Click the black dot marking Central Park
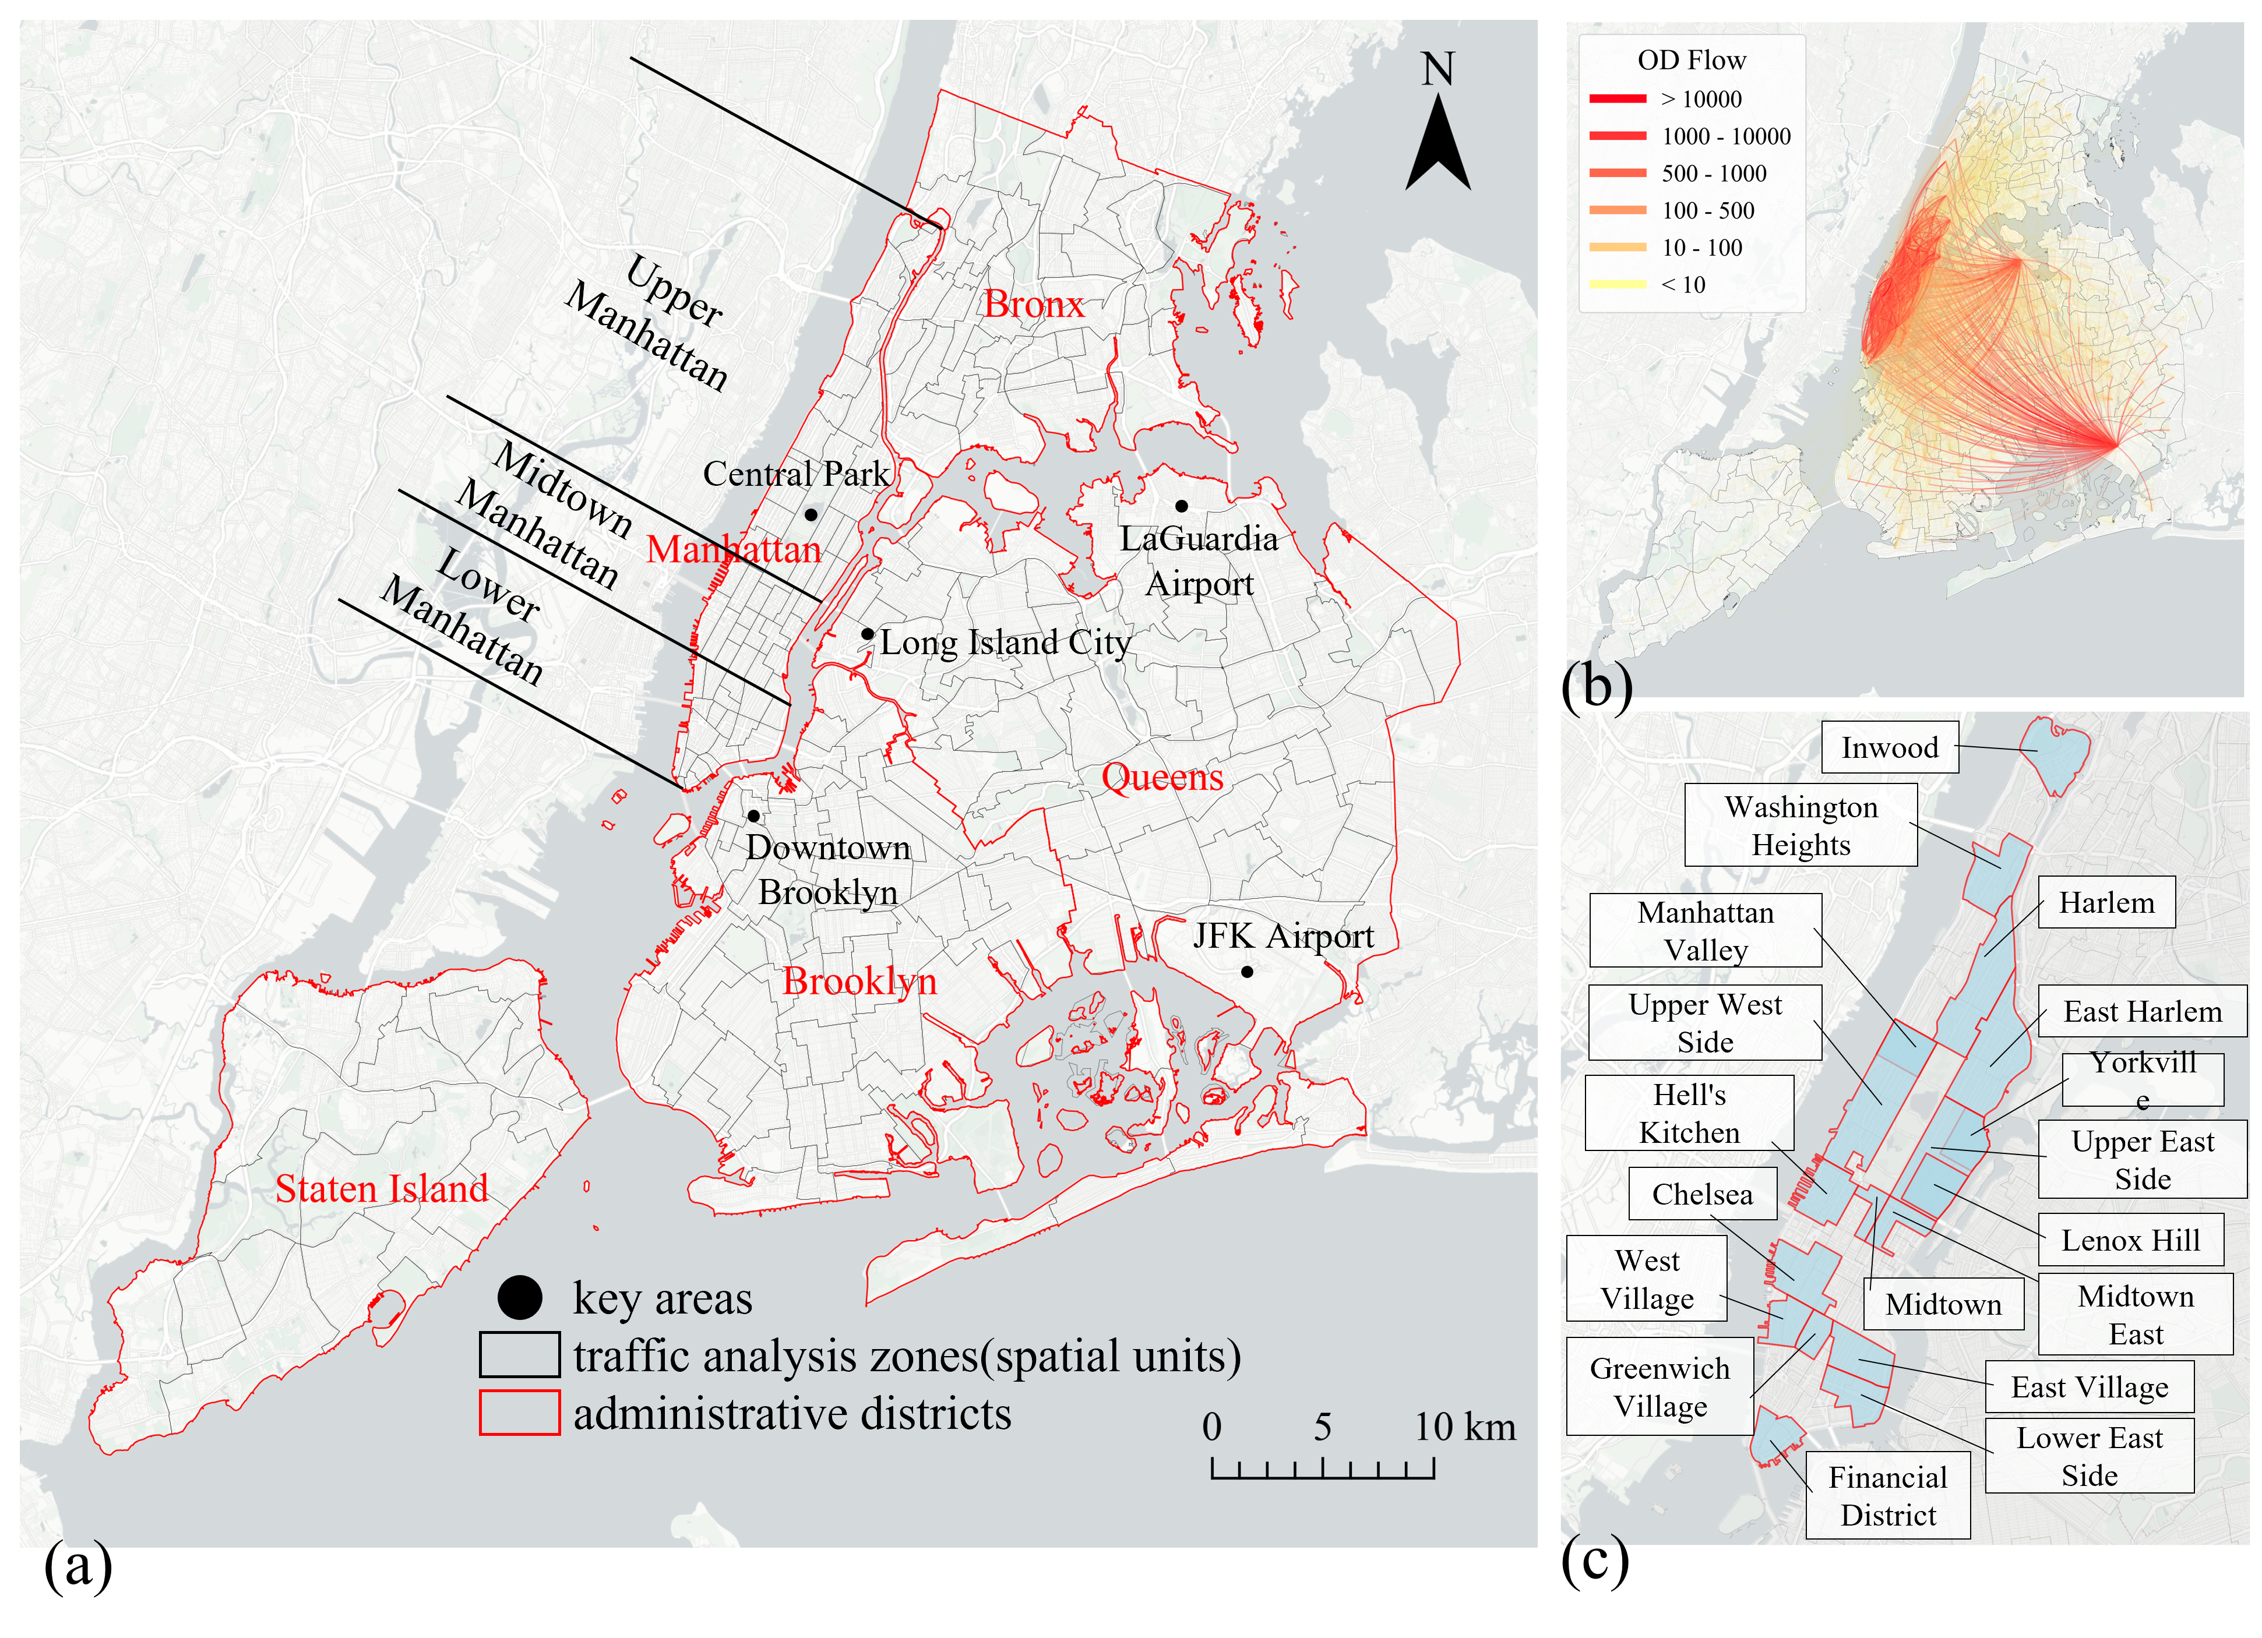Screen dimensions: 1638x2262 (811, 514)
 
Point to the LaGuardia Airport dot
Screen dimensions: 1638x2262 (1181, 506)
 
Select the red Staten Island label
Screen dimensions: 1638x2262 (382, 1188)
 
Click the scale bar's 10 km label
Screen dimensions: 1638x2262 (1464, 1427)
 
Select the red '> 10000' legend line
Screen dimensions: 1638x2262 (1618, 98)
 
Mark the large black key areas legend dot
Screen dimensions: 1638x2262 (520, 1298)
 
